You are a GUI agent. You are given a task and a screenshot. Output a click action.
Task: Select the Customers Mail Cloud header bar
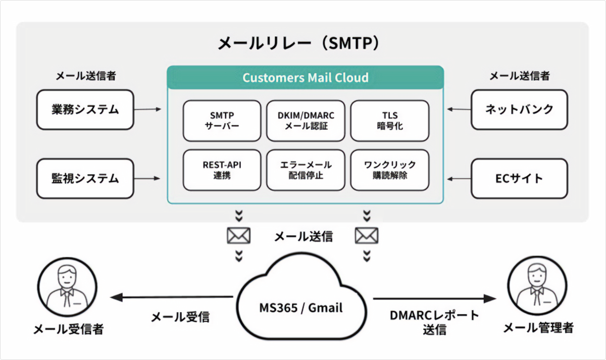(305, 78)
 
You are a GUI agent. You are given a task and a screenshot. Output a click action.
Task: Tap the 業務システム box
(85, 109)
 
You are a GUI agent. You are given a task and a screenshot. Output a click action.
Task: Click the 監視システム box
(85, 178)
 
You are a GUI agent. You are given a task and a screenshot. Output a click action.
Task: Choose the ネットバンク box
(520, 109)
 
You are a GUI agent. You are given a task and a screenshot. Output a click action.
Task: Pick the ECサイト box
(520, 178)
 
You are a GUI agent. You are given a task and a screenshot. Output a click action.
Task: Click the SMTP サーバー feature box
(222, 120)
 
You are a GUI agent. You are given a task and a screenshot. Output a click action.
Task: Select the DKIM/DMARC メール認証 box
(306, 120)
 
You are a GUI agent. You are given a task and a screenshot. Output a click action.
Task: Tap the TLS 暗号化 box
(389, 120)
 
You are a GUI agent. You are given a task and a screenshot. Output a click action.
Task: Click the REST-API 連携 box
(222, 170)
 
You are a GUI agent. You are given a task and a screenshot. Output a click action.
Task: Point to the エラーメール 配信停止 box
(306, 170)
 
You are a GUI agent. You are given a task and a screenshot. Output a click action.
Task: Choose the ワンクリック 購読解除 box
(389, 170)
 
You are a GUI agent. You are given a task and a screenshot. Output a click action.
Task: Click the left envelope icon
(239, 236)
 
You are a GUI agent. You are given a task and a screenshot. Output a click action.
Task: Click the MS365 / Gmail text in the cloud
(301, 307)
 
